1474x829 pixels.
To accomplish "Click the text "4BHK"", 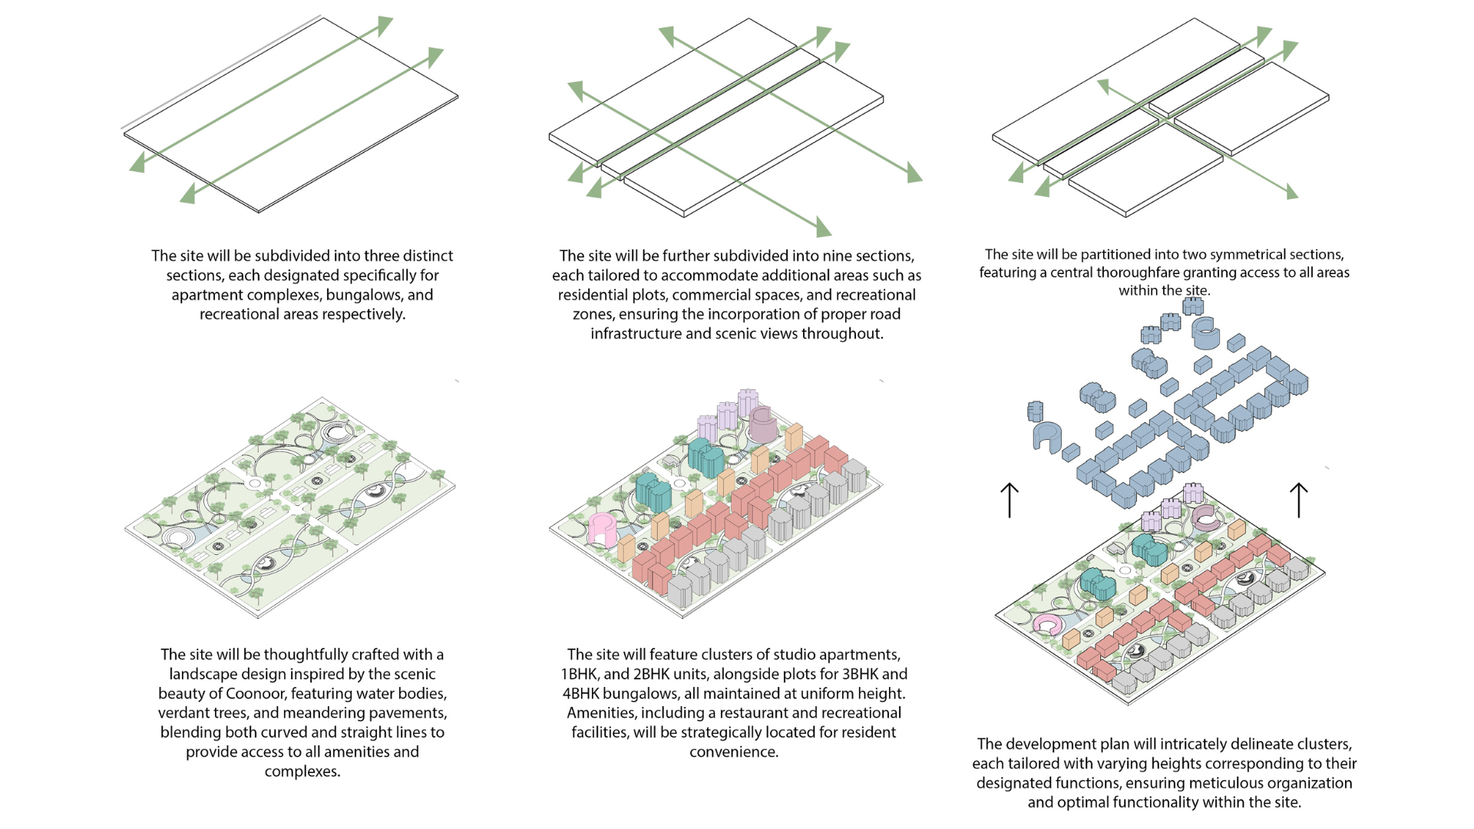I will (x=580, y=694).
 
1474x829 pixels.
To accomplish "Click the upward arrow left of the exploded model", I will (x=1010, y=500).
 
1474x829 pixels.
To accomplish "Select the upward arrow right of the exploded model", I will (x=1298, y=500).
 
